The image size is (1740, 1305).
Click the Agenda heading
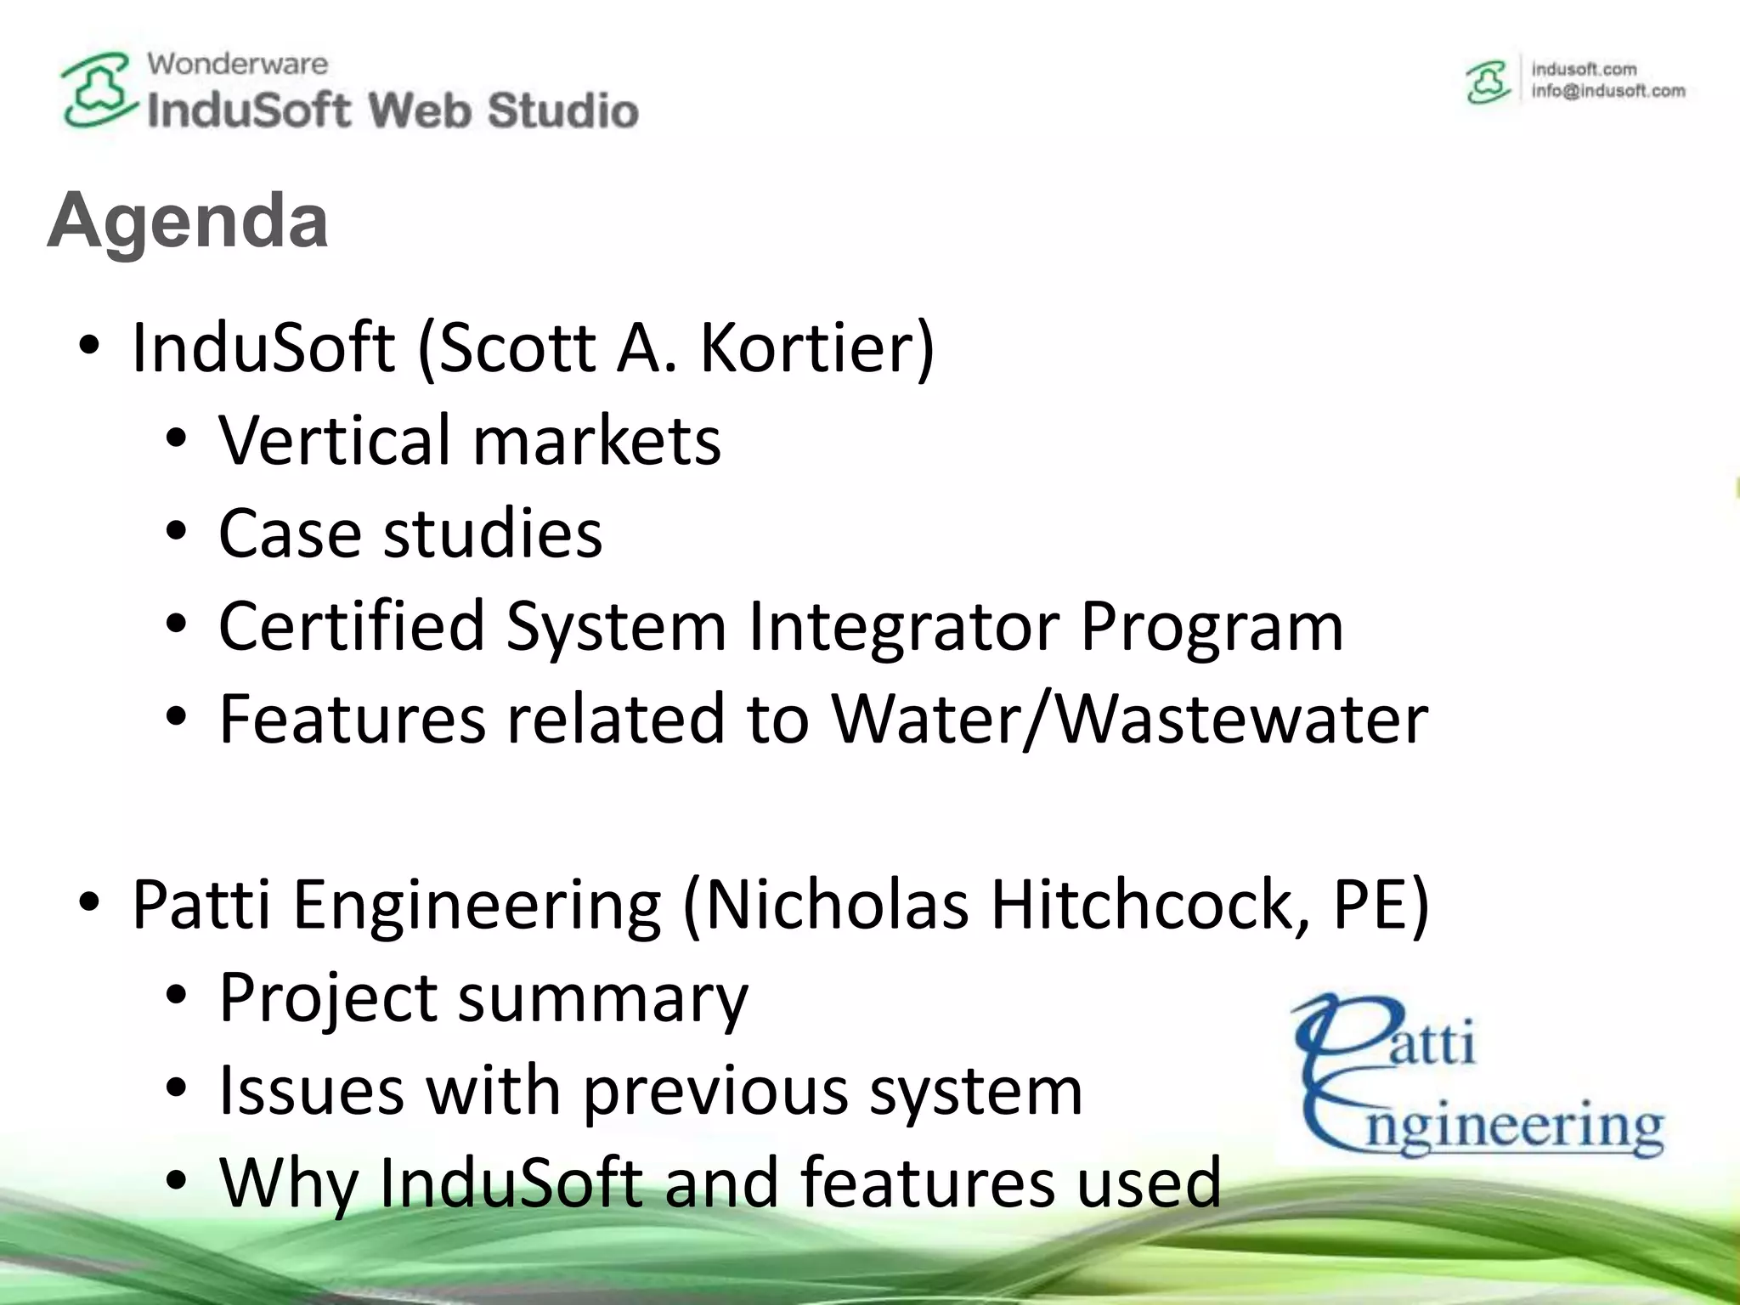pyautogui.click(x=188, y=221)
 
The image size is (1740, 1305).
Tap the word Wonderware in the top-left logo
pyautogui.click(x=237, y=64)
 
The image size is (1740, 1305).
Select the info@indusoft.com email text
pyautogui.click(x=1607, y=91)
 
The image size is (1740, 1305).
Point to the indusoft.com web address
pyautogui.click(x=1584, y=69)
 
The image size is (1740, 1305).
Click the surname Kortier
pyautogui.click(x=816, y=347)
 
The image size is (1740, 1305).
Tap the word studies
pyautogui.click(x=493, y=534)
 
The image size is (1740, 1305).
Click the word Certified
pyautogui.click(x=352, y=627)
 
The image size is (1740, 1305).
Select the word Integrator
pyautogui.click(x=903, y=627)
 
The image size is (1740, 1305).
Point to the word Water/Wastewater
pyautogui.click(x=1129, y=720)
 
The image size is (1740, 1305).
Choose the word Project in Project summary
pyautogui.click(x=328, y=998)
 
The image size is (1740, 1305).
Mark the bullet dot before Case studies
pyautogui.click(x=176, y=533)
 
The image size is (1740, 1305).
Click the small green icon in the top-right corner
pyautogui.click(x=1488, y=82)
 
